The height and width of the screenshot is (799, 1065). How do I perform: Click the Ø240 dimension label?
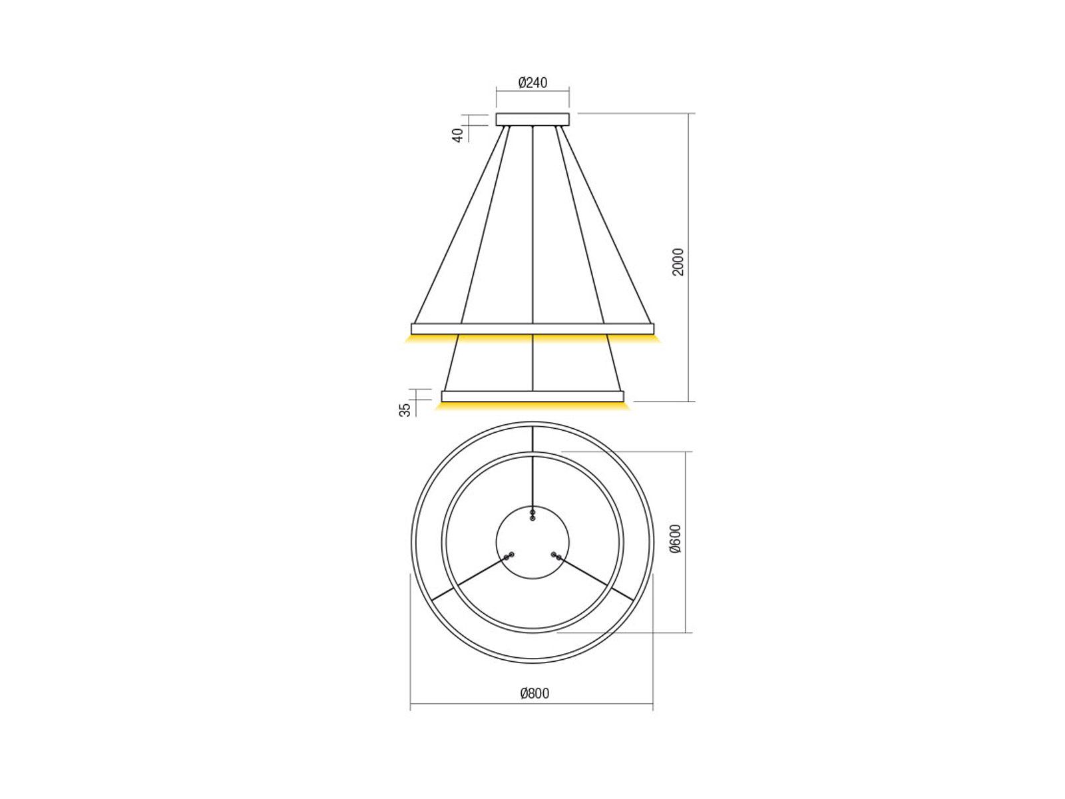pyautogui.click(x=532, y=83)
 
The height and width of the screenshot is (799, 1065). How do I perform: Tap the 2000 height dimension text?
pyautogui.click(x=678, y=262)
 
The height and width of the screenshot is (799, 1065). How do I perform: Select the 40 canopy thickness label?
pyautogui.click(x=458, y=134)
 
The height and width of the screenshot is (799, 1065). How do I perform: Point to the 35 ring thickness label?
pyautogui.click(x=405, y=409)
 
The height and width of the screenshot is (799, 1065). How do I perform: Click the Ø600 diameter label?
pyautogui.click(x=675, y=539)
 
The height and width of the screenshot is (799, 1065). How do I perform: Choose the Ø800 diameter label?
pyautogui.click(x=534, y=693)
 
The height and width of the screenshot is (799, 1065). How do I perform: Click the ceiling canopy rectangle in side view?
pyautogui.click(x=532, y=119)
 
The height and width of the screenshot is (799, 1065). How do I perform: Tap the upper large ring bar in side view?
pyautogui.click(x=532, y=328)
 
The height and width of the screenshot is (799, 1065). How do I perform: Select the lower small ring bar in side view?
pyautogui.click(x=532, y=396)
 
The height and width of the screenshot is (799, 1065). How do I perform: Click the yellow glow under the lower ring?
pyautogui.click(x=532, y=405)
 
